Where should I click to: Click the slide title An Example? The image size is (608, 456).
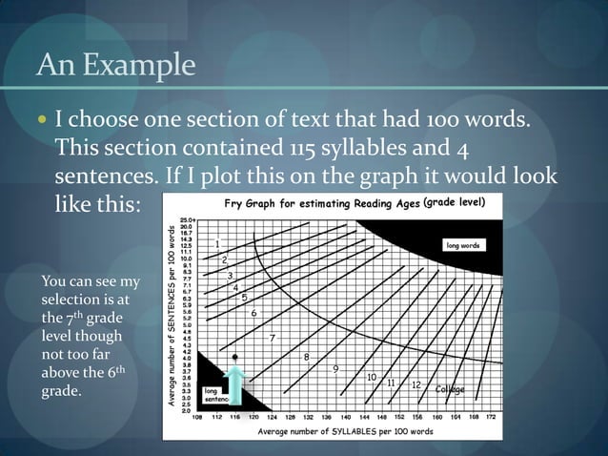pyautogui.click(x=114, y=68)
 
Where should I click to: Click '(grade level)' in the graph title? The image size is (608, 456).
pyautogui.click(x=456, y=203)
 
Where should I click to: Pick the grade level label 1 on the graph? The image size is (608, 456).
pyautogui.click(x=218, y=243)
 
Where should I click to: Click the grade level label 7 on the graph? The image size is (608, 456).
pyautogui.click(x=273, y=339)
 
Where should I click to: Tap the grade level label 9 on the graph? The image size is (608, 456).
pyautogui.click(x=335, y=368)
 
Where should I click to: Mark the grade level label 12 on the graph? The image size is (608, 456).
pyautogui.click(x=416, y=384)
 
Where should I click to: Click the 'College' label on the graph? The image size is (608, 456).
pyautogui.click(x=450, y=389)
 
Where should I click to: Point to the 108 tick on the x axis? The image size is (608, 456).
pyautogui.click(x=197, y=417)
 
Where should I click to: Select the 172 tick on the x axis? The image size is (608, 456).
pyautogui.click(x=490, y=417)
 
